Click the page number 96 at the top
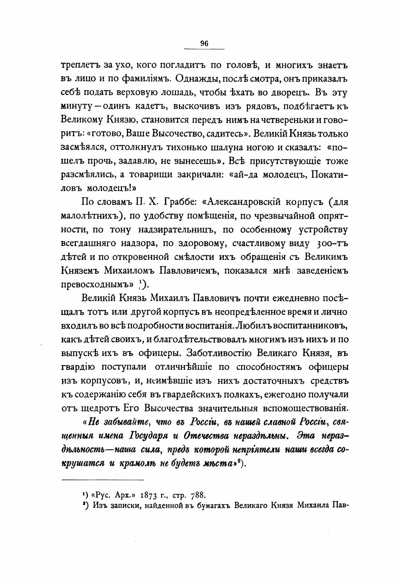(x=205, y=43)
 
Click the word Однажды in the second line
(x=195, y=78)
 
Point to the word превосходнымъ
(x=96, y=285)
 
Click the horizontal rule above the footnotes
(x=103, y=479)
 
